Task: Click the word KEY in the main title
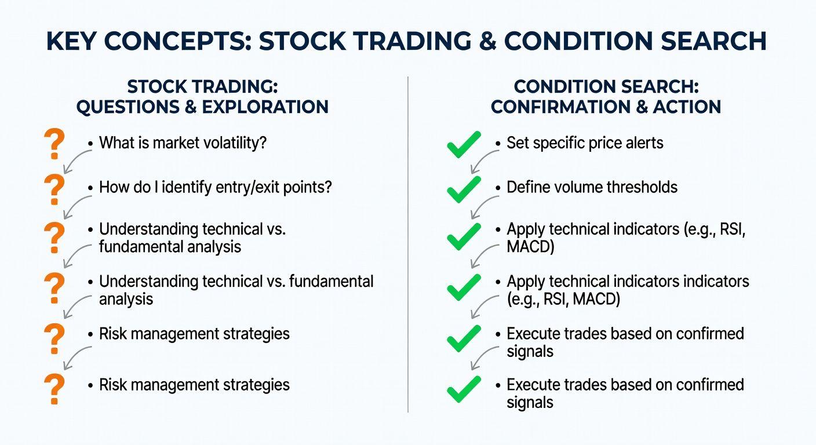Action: pyautogui.click(x=71, y=41)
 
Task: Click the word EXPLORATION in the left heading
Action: pyautogui.click(x=265, y=107)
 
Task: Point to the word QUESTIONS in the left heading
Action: pyautogui.click(x=128, y=107)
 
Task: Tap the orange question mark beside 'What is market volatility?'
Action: pyautogui.click(x=54, y=144)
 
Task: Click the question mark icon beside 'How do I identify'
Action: pyautogui.click(x=54, y=189)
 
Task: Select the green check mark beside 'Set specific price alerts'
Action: pyautogui.click(x=464, y=145)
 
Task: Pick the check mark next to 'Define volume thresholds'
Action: pyautogui.click(x=464, y=189)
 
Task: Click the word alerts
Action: pyautogui.click(x=644, y=143)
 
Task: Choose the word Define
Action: pyautogui.click(x=527, y=187)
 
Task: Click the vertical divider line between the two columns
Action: pyautogui.click(x=408, y=245)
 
